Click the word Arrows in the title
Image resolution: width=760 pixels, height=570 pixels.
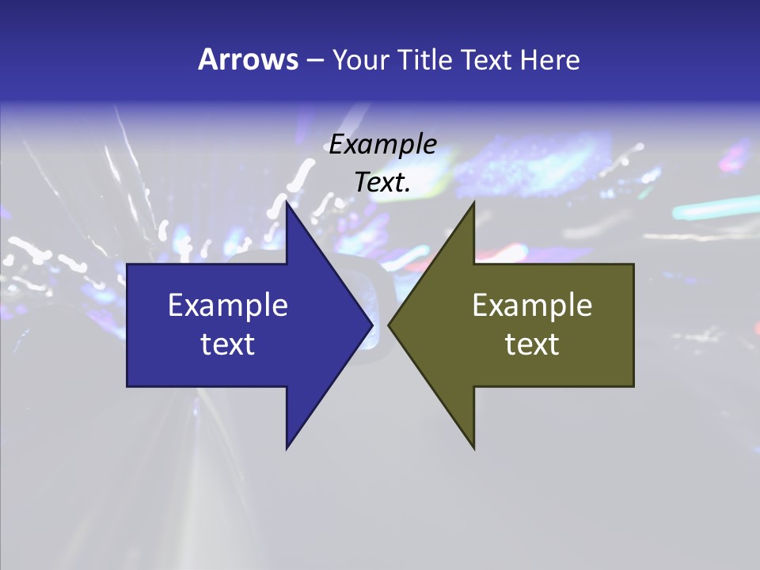coord(248,60)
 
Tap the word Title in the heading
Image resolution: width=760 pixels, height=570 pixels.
coord(425,60)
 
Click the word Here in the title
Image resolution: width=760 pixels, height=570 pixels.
coord(549,60)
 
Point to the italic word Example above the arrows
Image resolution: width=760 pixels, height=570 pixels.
coord(383,144)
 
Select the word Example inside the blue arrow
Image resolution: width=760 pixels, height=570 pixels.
coord(228,306)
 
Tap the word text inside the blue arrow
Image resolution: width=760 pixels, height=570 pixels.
coord(228,344)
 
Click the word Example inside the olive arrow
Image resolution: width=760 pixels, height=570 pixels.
coord(532,306)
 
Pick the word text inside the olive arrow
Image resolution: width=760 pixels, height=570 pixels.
coord(532,344)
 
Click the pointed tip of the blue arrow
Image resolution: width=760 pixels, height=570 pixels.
coord(371,325)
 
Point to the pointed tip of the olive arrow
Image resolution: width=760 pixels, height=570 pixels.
coord(389,325)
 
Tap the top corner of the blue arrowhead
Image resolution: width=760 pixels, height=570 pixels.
coord(287,203)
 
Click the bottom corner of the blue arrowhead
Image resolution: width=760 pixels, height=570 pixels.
coord(287,447)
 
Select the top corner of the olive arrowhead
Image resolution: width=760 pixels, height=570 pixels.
coord(473,203)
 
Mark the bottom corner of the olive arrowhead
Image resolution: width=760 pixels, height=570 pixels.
coord(473,447)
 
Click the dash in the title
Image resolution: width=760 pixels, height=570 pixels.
coord(315,61)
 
